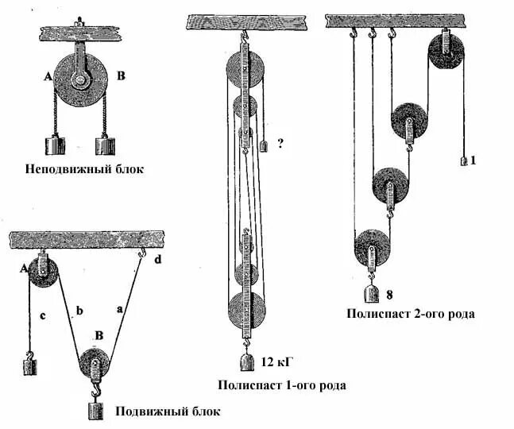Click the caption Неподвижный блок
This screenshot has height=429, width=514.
click(85, 169)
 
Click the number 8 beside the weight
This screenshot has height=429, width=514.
click(389, 295)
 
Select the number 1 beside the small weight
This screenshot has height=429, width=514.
click(473, 160)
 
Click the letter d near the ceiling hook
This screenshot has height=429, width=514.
click(157, 259)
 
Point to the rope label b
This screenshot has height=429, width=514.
click(79, 311)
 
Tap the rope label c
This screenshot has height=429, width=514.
click(41, 318)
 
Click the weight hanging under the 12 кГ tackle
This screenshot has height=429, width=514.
click(248, 363)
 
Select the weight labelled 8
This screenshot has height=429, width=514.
click(371, 294)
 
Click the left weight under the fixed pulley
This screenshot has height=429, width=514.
click(54, 145)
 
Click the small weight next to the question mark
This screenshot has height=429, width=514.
click(263, 145)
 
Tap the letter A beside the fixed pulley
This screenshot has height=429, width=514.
click(48, 77)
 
